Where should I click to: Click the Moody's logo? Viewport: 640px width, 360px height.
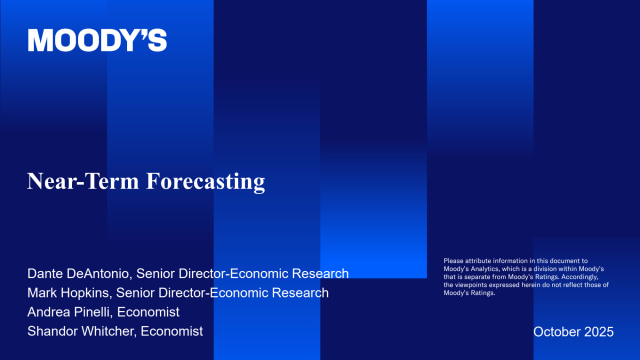click(x=97, y=41)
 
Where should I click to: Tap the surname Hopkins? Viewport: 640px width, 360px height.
click(x=89, y=292)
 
